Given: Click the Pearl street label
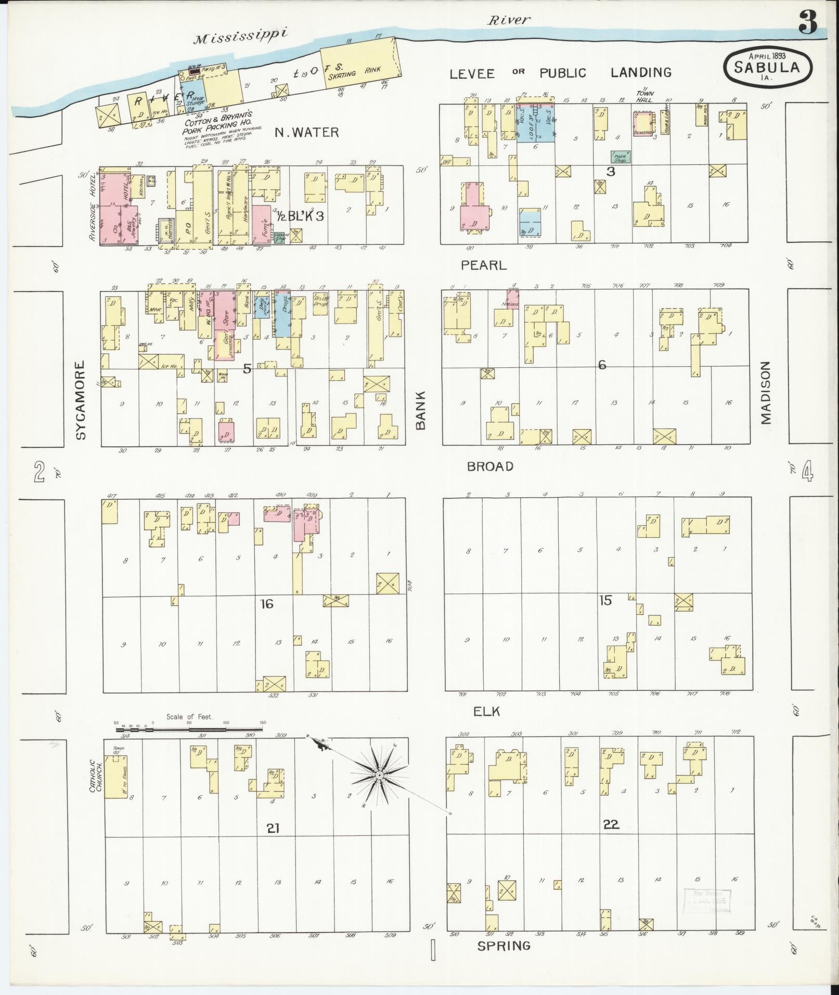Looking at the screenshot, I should coord(483,265).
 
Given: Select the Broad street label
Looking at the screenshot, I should coord(490,466).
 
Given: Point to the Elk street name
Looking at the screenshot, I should coord(487,711).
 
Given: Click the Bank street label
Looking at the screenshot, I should coord(420,410).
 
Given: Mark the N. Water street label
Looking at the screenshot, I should coord(307,132).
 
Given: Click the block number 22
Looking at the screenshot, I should coord(611,824).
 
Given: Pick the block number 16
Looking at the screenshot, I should coord(267,604).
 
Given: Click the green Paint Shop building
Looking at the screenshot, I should coord(620,157).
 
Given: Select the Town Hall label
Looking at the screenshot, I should coord(645,96).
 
